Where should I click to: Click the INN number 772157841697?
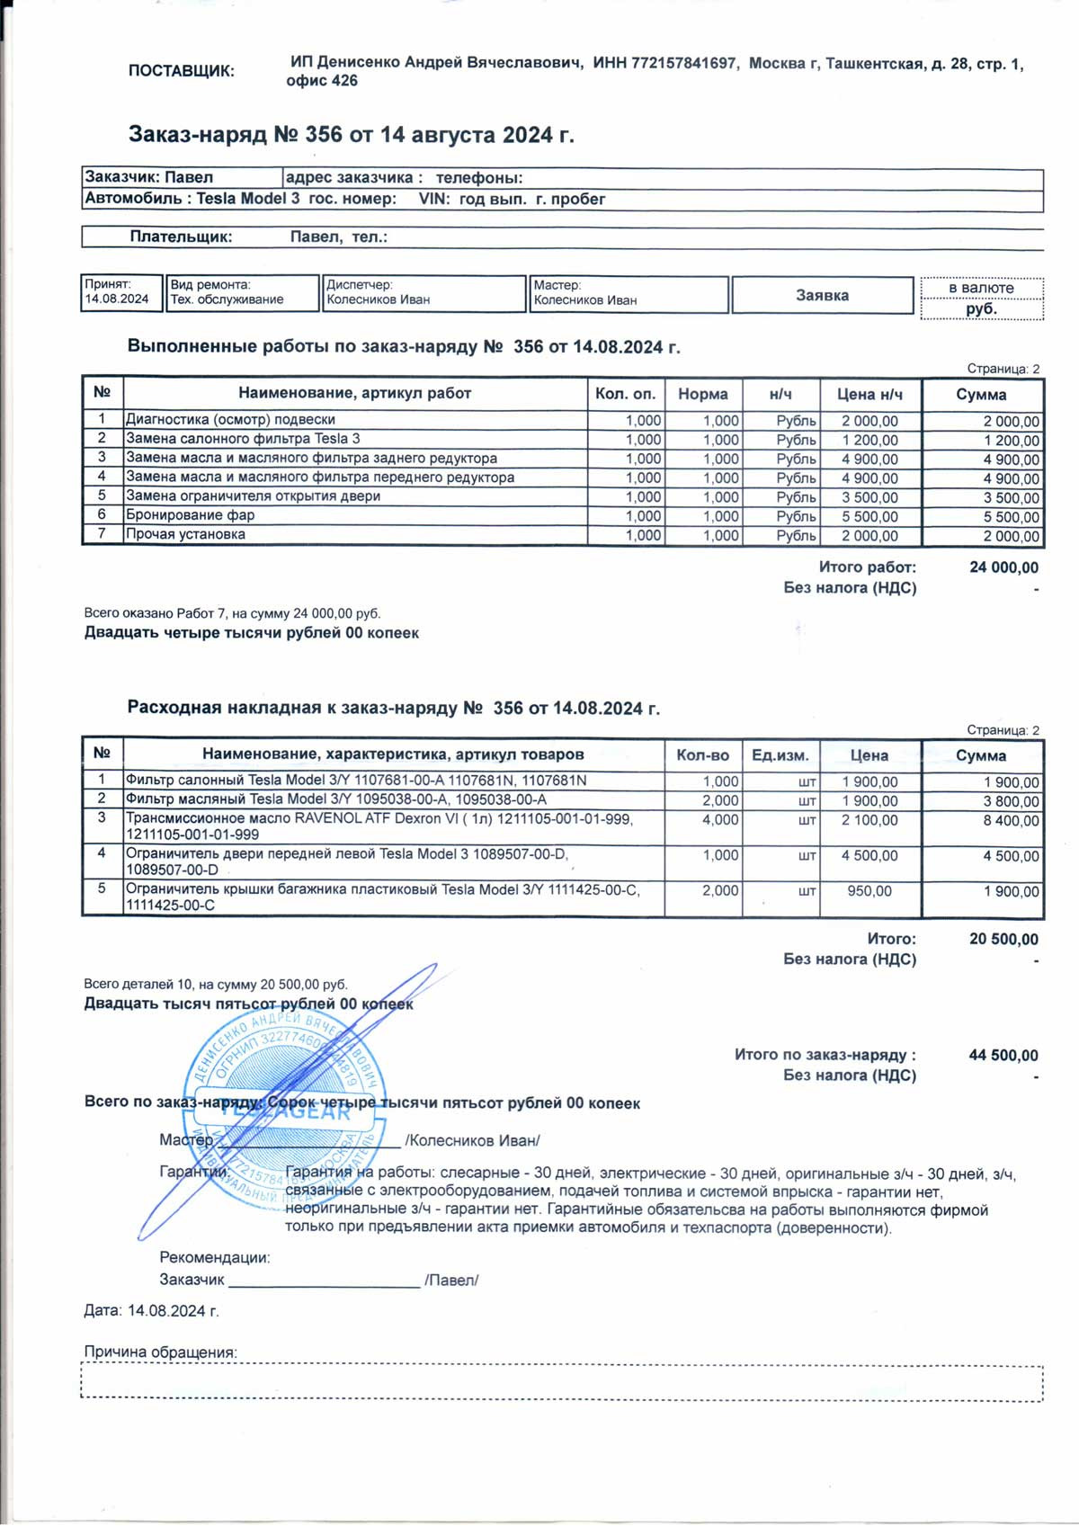click(x=683, y=63)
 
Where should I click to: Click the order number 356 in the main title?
click(x=324, y=135)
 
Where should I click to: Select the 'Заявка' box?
click(x=822, y=295)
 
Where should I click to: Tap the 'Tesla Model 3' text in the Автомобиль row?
click(x=248, y=199)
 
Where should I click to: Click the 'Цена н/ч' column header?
click(x=869, y=394)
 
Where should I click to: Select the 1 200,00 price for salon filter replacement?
click(x=869, y=440)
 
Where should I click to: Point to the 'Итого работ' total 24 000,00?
click(x=1003, y=567)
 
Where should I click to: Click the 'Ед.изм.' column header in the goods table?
click(x=780, y=755)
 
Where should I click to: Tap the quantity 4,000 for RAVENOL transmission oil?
click(x=720, y=820)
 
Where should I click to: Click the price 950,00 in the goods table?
click(x=869, y=891)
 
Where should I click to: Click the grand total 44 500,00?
click(x=1003, y=1056)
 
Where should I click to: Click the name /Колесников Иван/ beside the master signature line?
click(x=472, y=1140)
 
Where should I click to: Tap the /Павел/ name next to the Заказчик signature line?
click(x=451, y=1280)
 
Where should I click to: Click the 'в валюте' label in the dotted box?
click(x=981, y=288)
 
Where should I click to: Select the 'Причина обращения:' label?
click(x=160, y=1352)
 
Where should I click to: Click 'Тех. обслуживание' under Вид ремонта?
click(x=227, y=299)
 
